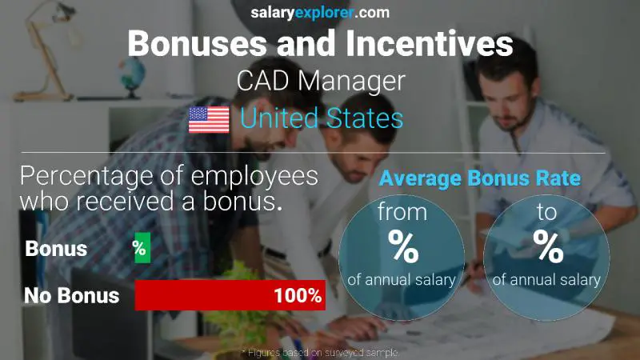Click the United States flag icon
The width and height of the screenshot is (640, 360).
pos(209,120)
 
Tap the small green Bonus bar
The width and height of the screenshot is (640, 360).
pos(142,249)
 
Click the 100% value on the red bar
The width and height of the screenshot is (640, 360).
pos(297,296)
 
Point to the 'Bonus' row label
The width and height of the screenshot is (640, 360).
pos(56,249)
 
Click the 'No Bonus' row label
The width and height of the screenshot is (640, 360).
pos(72,296)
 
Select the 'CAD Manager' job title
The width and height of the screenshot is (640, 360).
pos(319,81)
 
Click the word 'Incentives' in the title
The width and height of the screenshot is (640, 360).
pos(419,43)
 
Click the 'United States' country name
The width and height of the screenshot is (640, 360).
pos(321,119)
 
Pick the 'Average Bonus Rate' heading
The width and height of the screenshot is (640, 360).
pos(480,178)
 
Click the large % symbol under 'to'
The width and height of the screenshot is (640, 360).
pos(548,247)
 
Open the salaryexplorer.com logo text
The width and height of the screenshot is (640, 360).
pos(319,12)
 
